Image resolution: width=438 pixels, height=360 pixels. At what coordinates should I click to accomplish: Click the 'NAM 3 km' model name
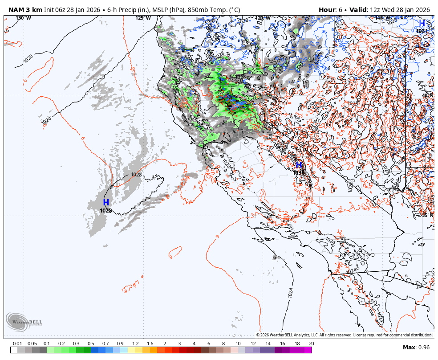(25, 10)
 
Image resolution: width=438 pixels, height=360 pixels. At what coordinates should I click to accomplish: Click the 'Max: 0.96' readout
(416, 348)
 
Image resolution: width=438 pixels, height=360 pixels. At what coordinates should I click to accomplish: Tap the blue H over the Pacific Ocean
(106, 203)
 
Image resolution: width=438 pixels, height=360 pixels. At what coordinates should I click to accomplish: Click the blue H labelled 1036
(299, 165)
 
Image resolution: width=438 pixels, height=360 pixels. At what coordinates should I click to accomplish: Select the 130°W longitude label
(23, 18)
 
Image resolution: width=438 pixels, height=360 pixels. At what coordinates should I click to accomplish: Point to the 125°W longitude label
(143, 18)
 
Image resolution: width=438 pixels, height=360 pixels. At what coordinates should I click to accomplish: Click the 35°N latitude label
(427, 215)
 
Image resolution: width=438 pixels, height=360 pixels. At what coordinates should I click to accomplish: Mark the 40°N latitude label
(427, 95)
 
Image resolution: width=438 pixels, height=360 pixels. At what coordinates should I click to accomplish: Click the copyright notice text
(344, 335)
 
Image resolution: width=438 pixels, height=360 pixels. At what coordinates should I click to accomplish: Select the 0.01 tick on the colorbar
(18, 344)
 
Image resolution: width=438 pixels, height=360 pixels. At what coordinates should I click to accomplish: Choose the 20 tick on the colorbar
(311, 344)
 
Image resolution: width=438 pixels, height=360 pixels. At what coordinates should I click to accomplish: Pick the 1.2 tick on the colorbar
(135, 344)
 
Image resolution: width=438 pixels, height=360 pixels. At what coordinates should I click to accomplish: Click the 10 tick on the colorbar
(238, 344)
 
